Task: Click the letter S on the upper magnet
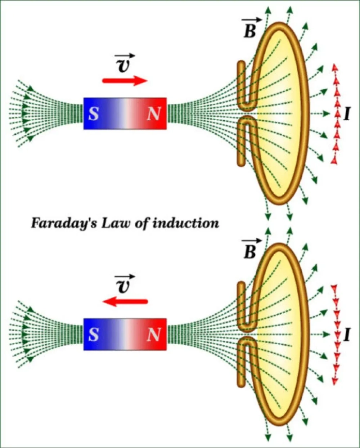pyautogui.click(x=93, y=114)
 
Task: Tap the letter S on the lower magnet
pyautogui.click(x=93, y=335)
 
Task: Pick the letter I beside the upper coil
pyautogui.click(x=347, y=115)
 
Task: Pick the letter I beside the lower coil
pyautogui.click(x=347, y=335)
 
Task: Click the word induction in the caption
pyautogui.click(x=186, y=223)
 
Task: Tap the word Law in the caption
pyautogui.click(x=116, y=223)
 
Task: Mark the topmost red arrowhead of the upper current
pyautogui.click(x=335, y=67)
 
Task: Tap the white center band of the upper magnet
pyautogui.click(x=125, y=114)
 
